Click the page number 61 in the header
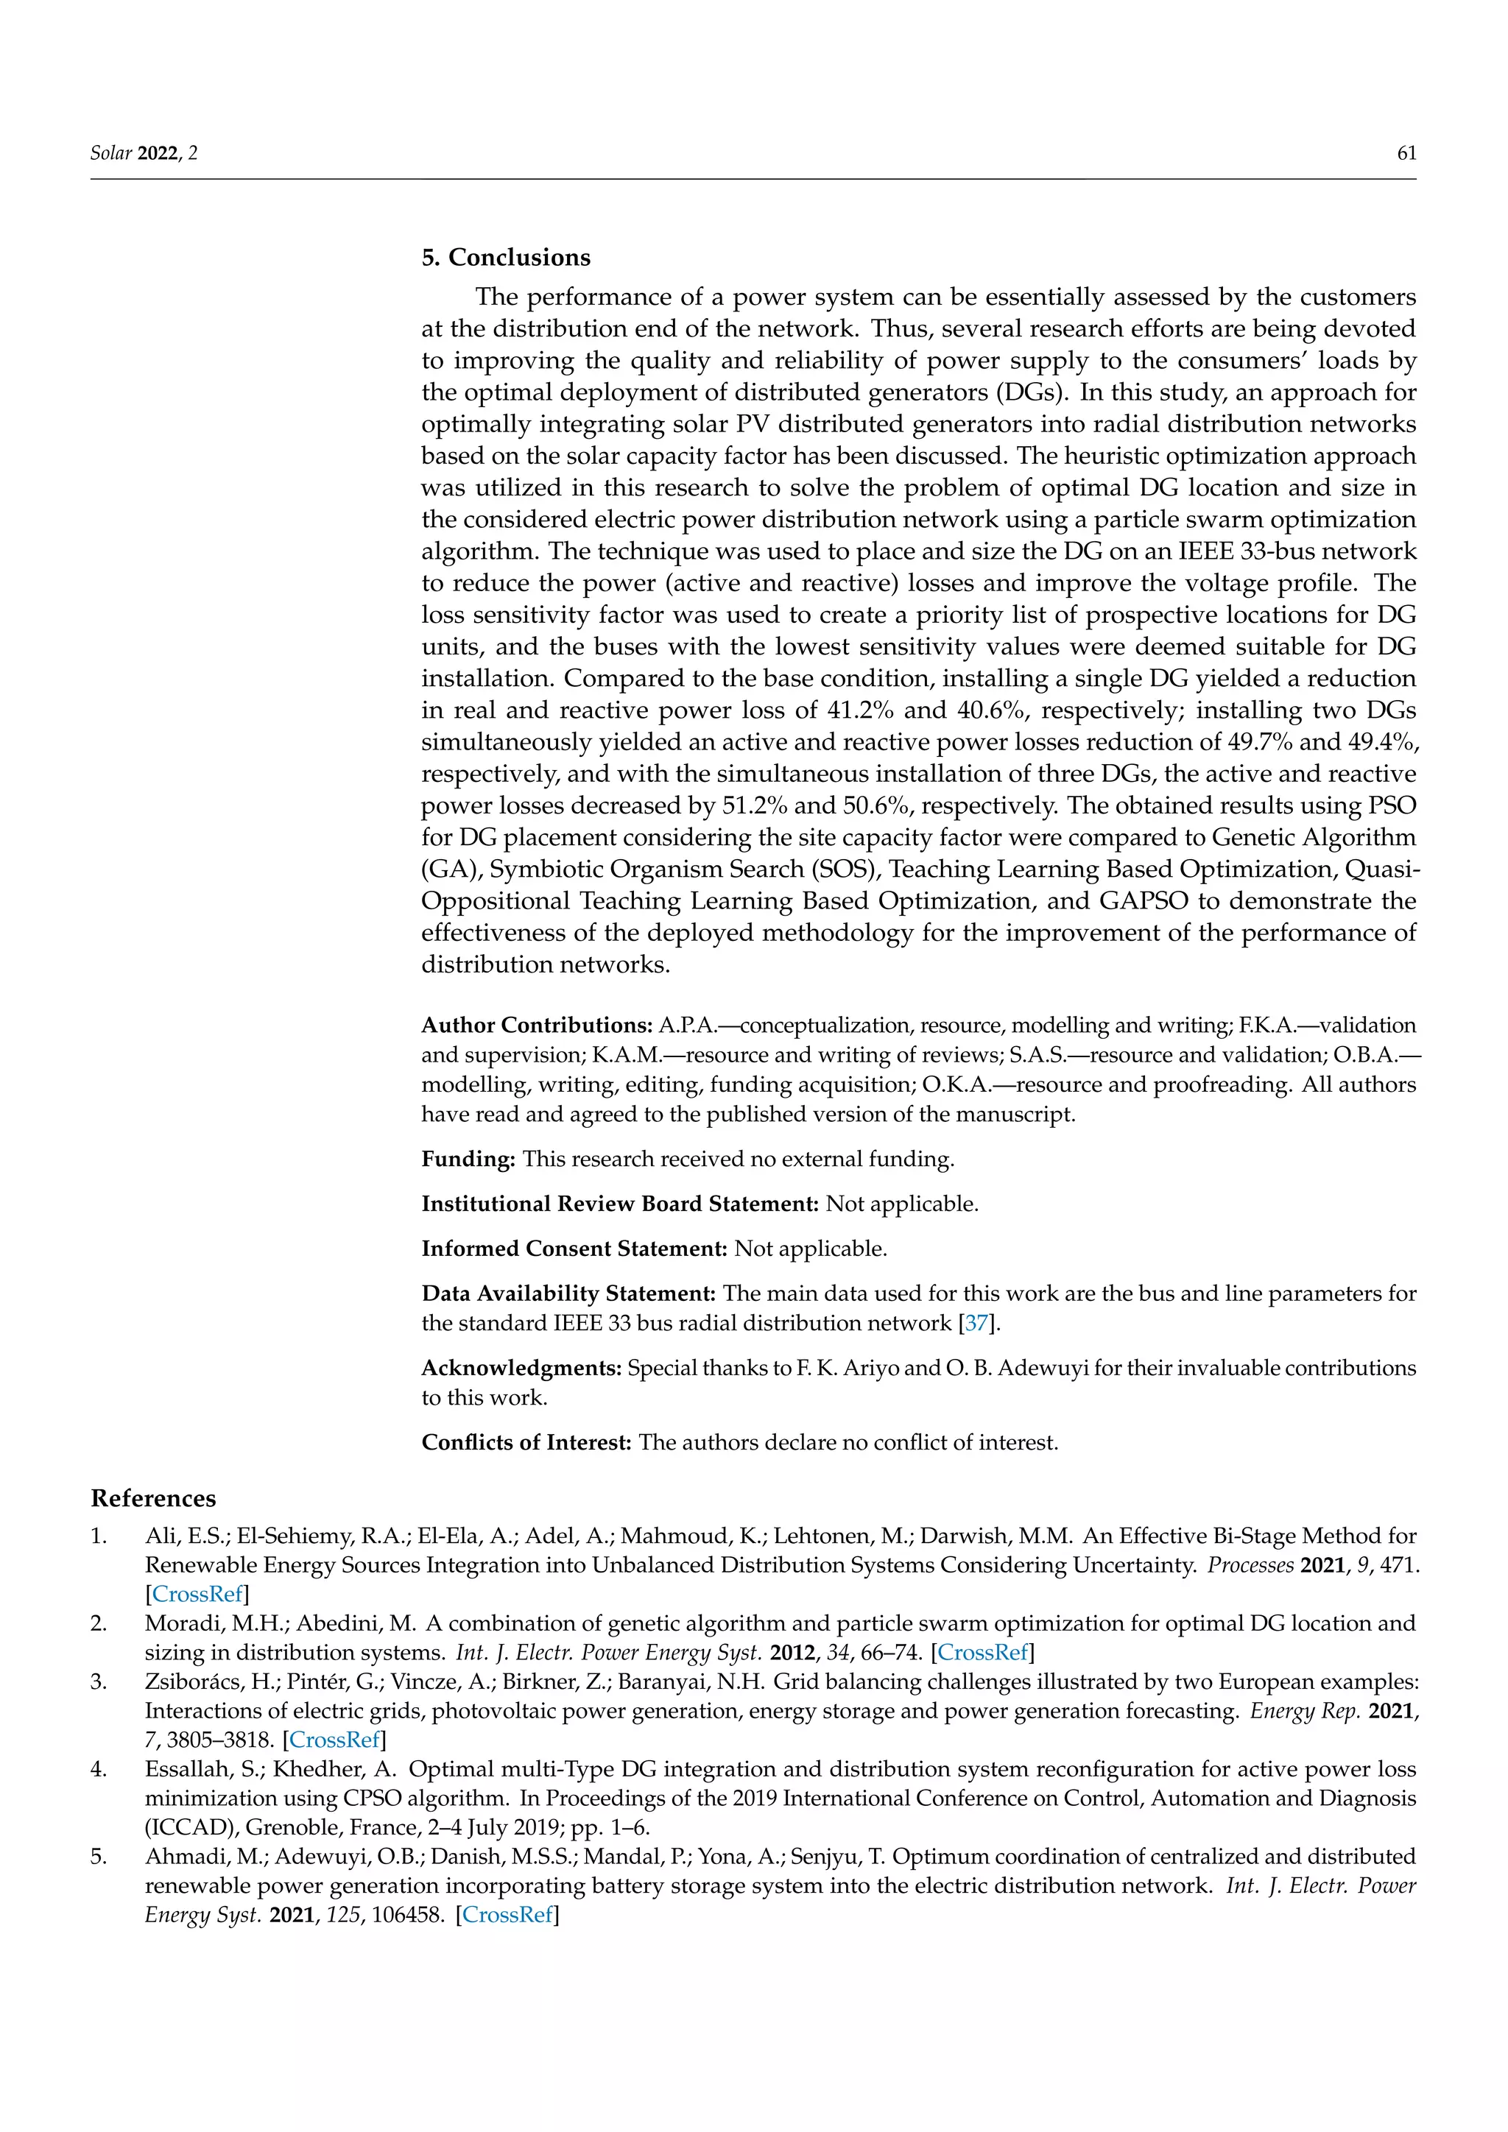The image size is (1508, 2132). coord(1406,153)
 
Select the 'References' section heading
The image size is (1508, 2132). coord(153,1498)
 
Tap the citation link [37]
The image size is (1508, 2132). coord(976,1323)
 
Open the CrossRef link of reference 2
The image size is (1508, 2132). coord(982,1652)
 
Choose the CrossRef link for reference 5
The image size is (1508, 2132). coord(507,1915)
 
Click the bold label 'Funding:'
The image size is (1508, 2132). coord(468,1159)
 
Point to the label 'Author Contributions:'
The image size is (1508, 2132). coord(537,1026)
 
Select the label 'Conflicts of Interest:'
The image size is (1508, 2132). coord(526,1442)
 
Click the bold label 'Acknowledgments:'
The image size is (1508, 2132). coord(521,1368)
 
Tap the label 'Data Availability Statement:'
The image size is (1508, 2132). coord(568,1293)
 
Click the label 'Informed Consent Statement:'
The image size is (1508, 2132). coord(574,1249)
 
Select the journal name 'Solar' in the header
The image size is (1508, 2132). coord(110,153)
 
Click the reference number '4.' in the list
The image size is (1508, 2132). coord(99,1769)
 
